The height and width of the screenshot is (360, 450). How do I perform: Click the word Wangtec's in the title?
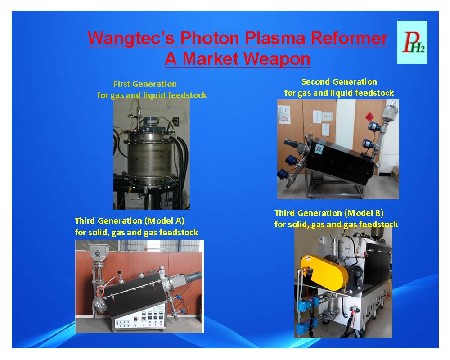(x=131, y=38)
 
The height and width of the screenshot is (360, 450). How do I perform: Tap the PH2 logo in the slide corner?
(x=412, y=42)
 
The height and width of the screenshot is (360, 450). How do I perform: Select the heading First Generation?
(x=145, y=84)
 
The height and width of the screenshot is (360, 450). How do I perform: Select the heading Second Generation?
(x=339, y=81)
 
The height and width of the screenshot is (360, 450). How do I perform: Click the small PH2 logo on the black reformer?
(x=319, y=149)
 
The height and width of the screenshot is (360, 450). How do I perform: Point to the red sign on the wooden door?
(x=369, y=117)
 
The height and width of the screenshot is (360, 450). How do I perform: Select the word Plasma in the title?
(x=275, y=38)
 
